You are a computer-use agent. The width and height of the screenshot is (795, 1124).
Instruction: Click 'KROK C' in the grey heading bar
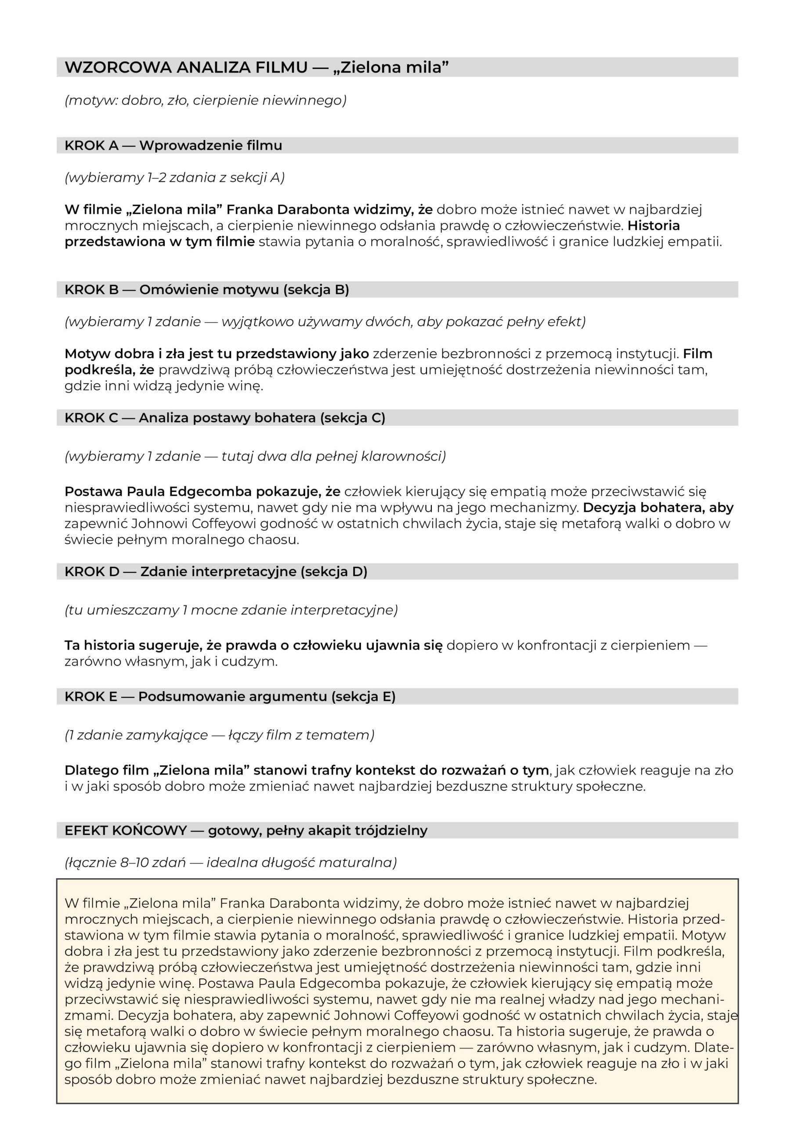[x=91, y=418]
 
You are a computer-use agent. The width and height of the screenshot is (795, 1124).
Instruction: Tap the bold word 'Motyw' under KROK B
[x=87, y=354]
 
